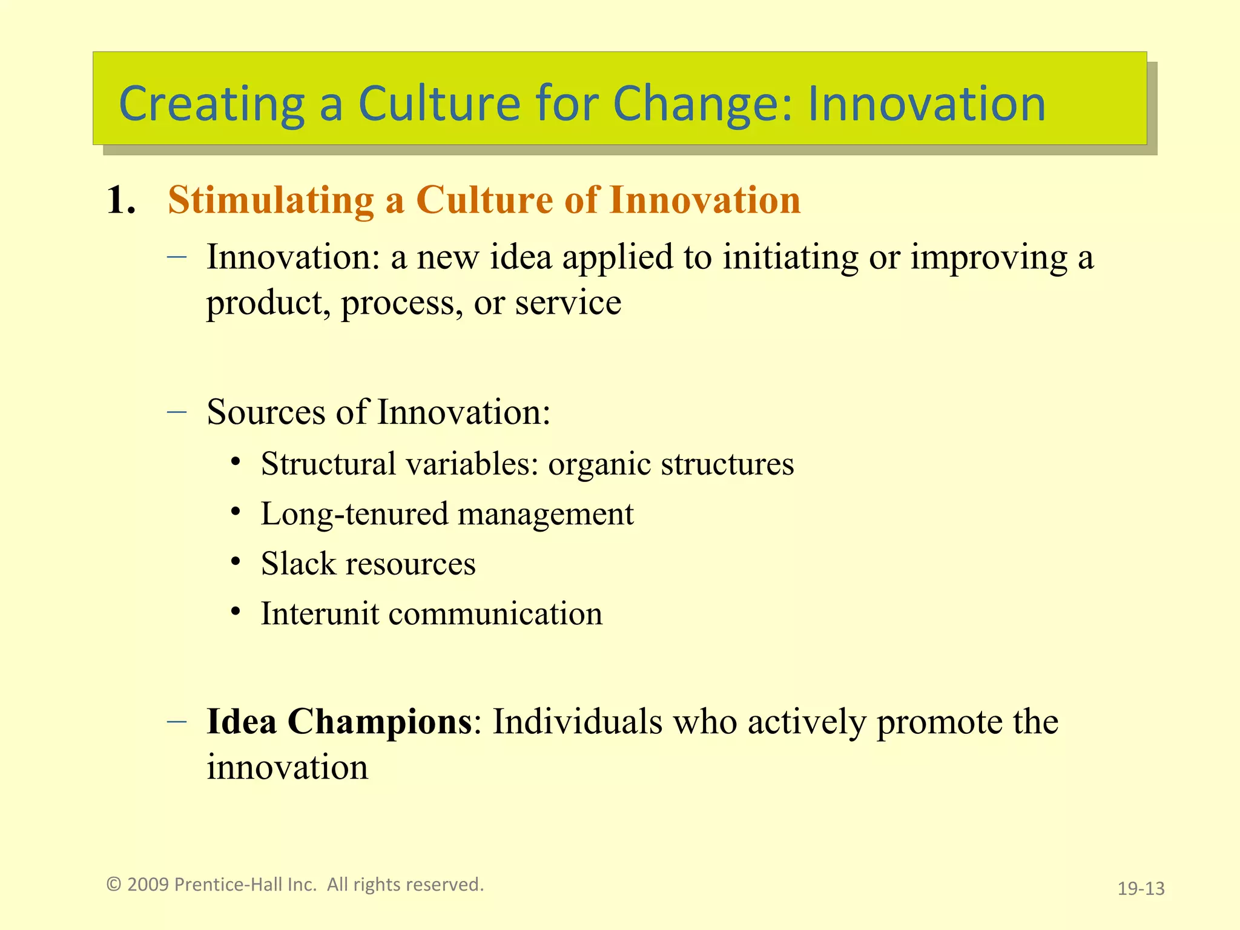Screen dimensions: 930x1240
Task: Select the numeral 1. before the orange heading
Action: point(120,200)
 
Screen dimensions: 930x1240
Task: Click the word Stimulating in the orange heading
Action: point(271,200)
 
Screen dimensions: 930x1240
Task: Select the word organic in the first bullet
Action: point(599,464)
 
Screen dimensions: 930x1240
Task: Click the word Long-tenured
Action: point(354,515)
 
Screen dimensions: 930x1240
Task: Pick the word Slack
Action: point(298,564)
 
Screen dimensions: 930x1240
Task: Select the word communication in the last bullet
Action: point(495,613)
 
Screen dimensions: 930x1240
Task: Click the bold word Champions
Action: point(380,721)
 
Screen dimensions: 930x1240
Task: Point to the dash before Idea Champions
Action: point(176,721)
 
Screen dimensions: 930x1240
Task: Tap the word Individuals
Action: point(578,721)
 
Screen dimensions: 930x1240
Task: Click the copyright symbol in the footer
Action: point(114,885)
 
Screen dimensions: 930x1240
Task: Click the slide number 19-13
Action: point(1141,888)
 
